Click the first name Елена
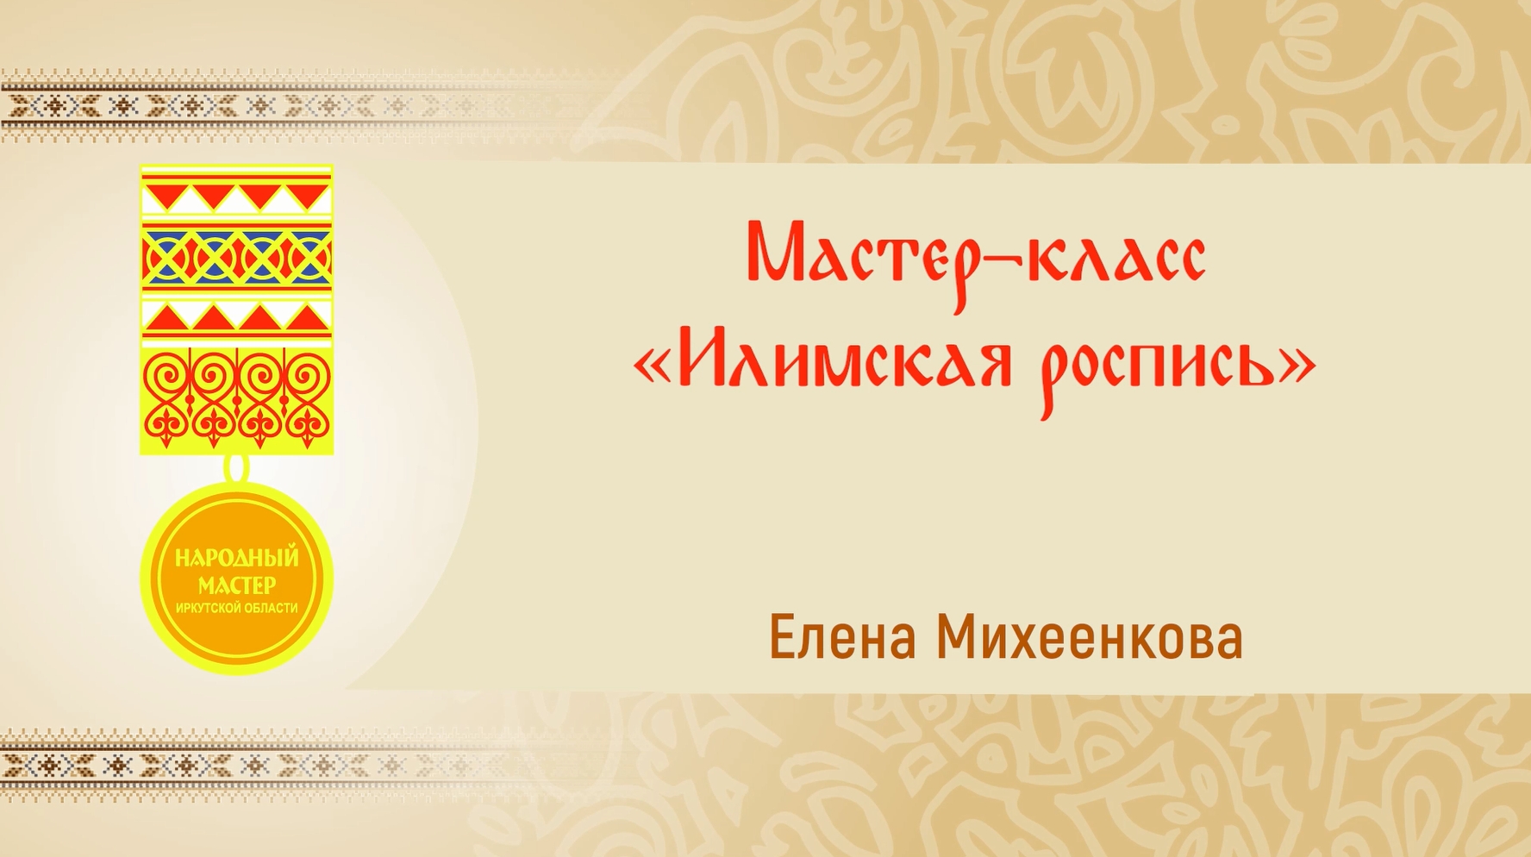tap(841, 639)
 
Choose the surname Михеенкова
tap(1090, 639)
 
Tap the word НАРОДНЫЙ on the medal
tap(236, 558)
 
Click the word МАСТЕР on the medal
tap(236, 585)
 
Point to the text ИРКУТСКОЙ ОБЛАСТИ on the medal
tap(236, 609)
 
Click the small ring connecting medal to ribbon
tap(236, 468)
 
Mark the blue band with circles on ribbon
tap(236, 257)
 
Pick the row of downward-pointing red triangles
tap(236, 197)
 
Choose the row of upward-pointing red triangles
tap(236, 318)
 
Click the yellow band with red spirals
tap(236, 398)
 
